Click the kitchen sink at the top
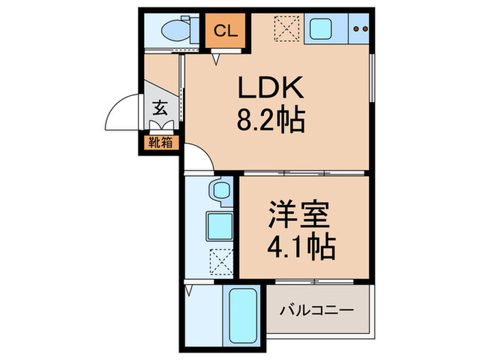[320, 29]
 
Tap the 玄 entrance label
[160, 108]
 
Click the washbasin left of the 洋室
[221, 190]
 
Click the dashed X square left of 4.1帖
[220, 259]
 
